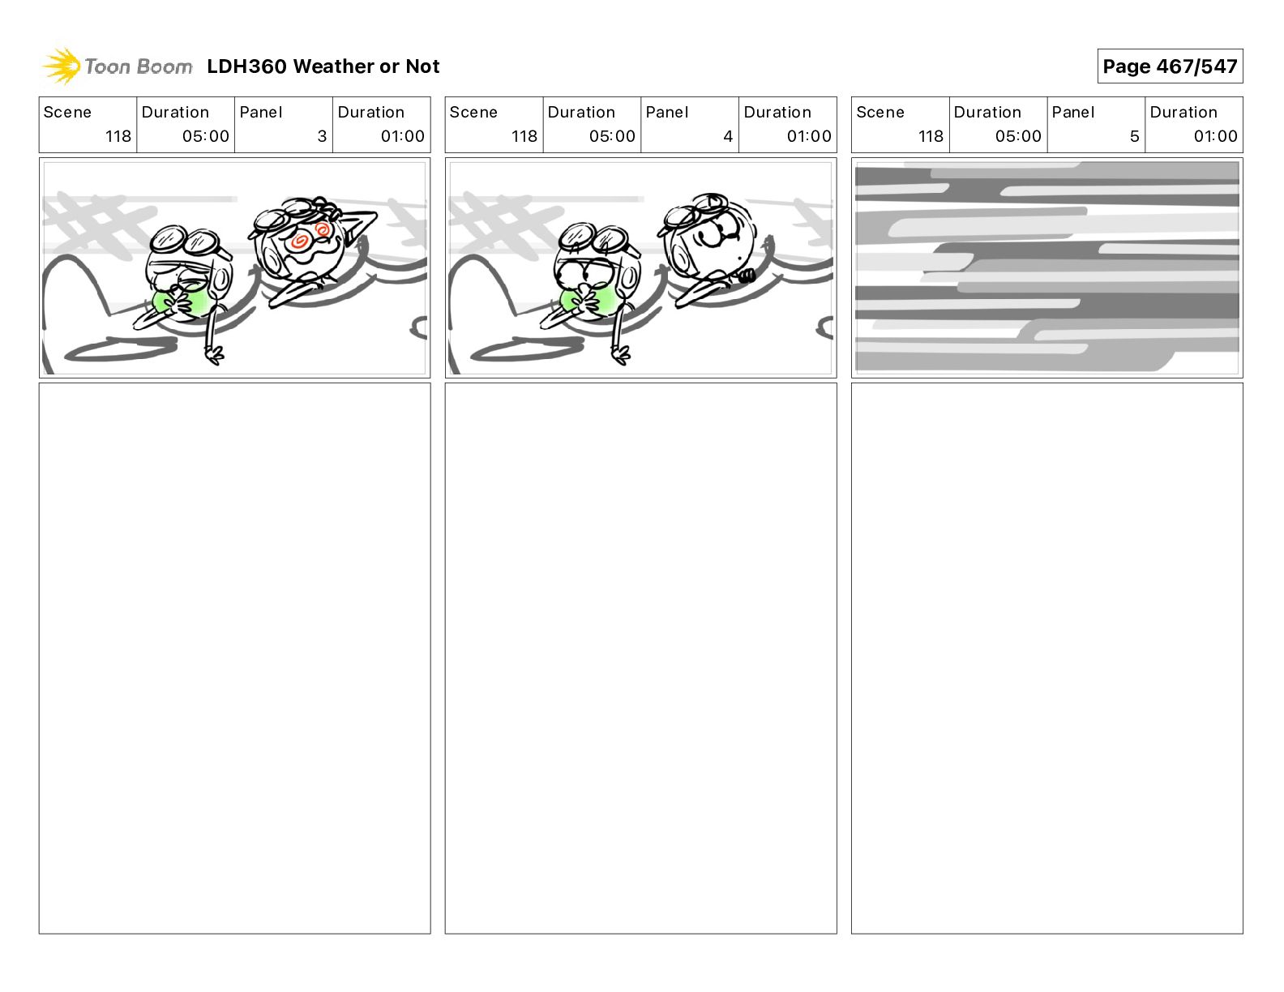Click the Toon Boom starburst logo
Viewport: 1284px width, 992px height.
tap(62, 66)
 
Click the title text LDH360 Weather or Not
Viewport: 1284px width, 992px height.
tap(323, 66)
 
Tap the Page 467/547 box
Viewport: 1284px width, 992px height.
tap(1170, 66)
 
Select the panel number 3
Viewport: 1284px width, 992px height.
tap(322, 136)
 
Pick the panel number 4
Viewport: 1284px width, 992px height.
tap(728, 136)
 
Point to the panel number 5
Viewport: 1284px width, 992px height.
tap(1135, 136)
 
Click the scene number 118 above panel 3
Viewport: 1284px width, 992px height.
tap(118, 136)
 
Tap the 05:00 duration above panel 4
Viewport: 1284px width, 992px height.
tap(612, 136)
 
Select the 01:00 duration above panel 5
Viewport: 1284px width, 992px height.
tap(1215, 136)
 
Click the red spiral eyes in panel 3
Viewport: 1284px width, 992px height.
tap(311, 236)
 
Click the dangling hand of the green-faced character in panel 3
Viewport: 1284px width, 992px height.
tap(214, 355)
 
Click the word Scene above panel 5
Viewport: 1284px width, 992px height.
tap(880, 113)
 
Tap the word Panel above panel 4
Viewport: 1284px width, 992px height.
tap(666, 113)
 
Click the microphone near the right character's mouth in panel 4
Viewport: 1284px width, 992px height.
tap(747, 276)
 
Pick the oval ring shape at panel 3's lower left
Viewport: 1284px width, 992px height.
tap(121, 349)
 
